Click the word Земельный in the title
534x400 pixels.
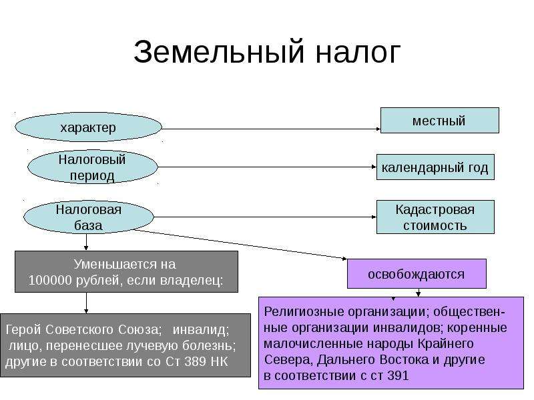(218, 52)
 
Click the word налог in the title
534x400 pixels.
(358, 55)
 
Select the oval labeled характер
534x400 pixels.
(88, 127)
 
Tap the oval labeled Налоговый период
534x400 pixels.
(92, 167)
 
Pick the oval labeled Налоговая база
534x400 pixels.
(89, 217)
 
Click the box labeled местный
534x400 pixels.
(439, 121)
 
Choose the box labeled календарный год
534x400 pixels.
(435, 167)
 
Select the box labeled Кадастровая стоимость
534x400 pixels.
(435, 217)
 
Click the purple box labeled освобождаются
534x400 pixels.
(417, 273)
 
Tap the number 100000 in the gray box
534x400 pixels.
(50, 281)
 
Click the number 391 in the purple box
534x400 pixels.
(398, 376)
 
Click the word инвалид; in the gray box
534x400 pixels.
(201, 329)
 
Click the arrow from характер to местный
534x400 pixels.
(271, 129)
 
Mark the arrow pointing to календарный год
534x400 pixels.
(267, 167)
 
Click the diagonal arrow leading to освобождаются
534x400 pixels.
(241, 245)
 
